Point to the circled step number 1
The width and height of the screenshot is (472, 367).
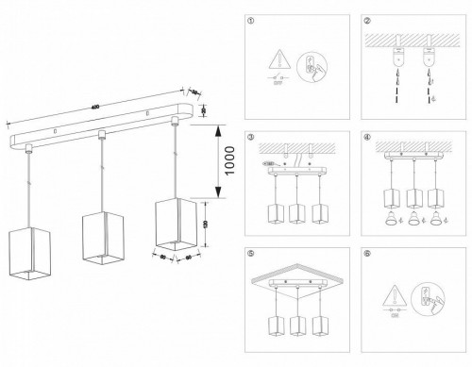[251, 20]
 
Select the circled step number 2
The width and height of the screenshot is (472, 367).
[367, 20]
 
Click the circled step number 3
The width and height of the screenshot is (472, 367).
[251, 138]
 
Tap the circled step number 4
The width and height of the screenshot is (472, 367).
[367, 138]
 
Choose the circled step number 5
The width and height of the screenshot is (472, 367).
[251, 253]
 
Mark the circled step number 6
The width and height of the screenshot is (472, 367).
[367, 253]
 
